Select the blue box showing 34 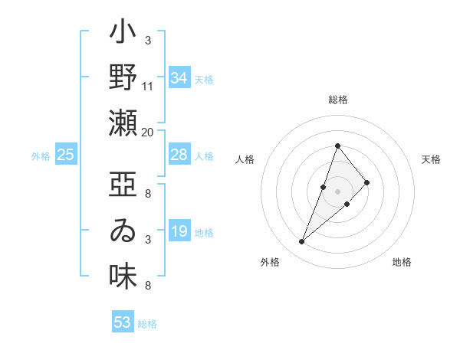179,78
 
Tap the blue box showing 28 179,155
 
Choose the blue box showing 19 179,231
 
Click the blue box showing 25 66,155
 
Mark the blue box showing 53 123,322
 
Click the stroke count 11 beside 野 148,86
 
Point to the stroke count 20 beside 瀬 148,132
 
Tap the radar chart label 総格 337,100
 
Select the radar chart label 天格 432,159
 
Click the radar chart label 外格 270,262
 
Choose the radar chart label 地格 402,262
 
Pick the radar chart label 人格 245,159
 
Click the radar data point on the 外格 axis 302,242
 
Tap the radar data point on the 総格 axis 337,146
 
